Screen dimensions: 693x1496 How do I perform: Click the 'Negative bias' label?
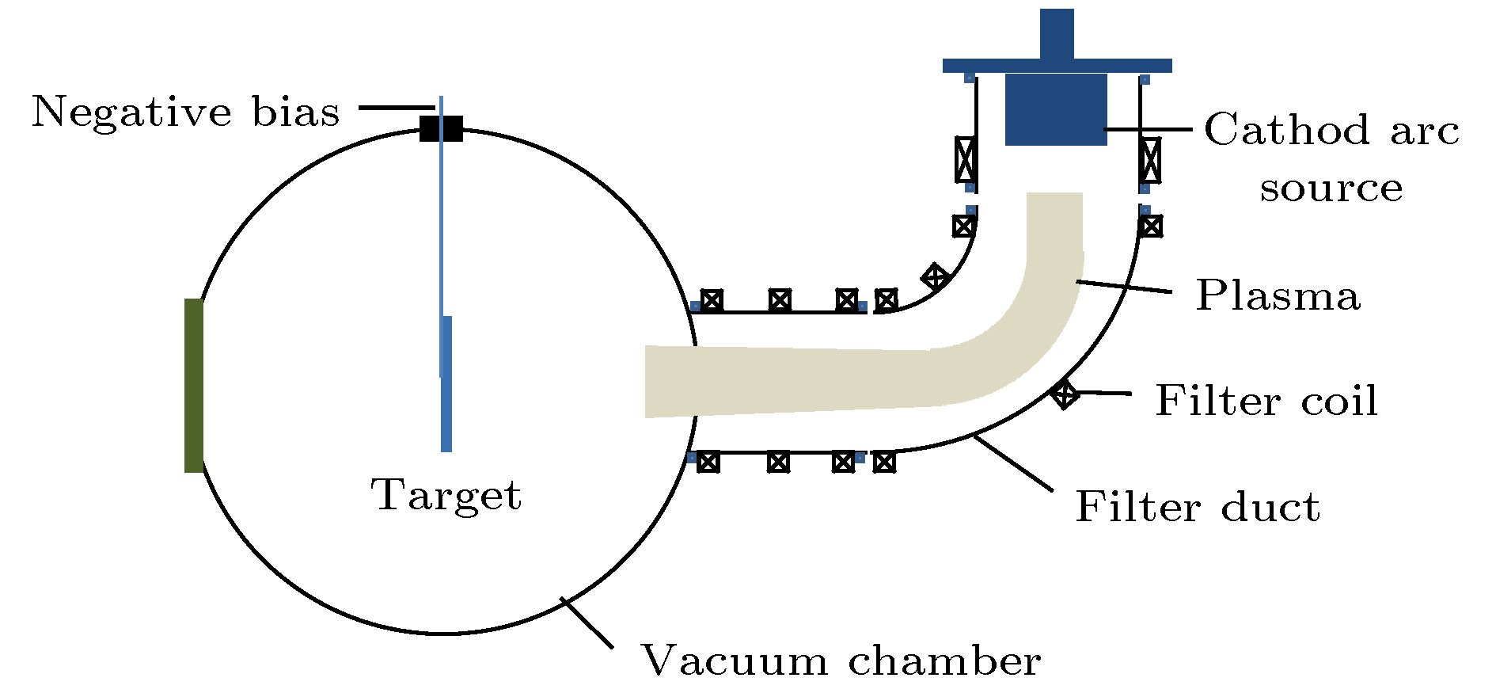(x=185, y=112)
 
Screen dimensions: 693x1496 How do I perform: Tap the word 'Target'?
(x=446, y=496)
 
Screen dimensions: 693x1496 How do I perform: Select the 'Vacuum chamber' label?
(x=840, y=660)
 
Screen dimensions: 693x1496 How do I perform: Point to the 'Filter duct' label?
(x=1197, y=507)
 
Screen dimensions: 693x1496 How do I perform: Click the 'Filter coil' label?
(x=1266, y=400)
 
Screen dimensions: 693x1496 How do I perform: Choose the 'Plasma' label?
(x=1278, y=295)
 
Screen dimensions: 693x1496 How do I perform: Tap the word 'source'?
(x=1331, y=188)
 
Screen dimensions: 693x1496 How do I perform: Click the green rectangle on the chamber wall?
(x=194, y=386)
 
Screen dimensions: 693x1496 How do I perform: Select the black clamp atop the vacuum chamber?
(x=441, y=128)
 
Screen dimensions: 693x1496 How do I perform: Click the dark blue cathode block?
(x=1056, y=109)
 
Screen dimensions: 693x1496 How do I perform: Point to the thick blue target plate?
(x=446, y=384)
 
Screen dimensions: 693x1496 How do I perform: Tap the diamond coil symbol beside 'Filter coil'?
(x=1064, y=393)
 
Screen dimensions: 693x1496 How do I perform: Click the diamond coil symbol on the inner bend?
(x=936, y=277)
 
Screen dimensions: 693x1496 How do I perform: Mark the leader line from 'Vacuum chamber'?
(x=587, y=623)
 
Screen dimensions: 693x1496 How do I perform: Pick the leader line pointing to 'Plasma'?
(x=1124, y=287)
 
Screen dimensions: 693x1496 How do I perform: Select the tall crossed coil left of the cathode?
(x=965, y=160)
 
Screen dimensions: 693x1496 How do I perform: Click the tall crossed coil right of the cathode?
(x=1150, y=160)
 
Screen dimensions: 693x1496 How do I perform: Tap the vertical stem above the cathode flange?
(x=1057, y=33)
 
